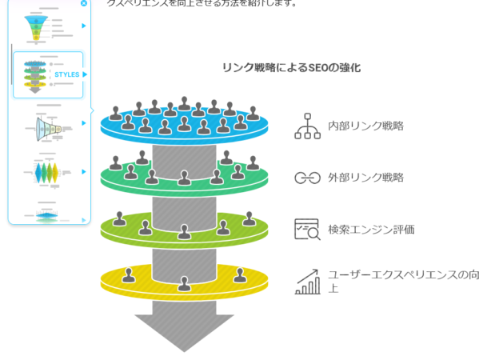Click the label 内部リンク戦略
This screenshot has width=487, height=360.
(365, 126)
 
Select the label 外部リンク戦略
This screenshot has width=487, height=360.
(365, 178)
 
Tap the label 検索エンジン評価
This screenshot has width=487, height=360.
(371, 230)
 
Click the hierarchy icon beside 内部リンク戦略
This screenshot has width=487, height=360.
(307, 126)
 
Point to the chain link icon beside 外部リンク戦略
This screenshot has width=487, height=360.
(307, 178)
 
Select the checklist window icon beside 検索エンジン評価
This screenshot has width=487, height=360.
(307, 230)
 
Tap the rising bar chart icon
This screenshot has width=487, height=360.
(307, 281)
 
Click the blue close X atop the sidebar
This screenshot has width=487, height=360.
(84, 3)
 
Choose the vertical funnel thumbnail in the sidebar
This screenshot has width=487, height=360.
(37, 26)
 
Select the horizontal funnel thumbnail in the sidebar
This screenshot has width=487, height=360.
(46, 126)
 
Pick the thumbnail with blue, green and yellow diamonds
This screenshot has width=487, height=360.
(46, 173)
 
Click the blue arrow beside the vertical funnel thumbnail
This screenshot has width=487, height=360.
(83, 26)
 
